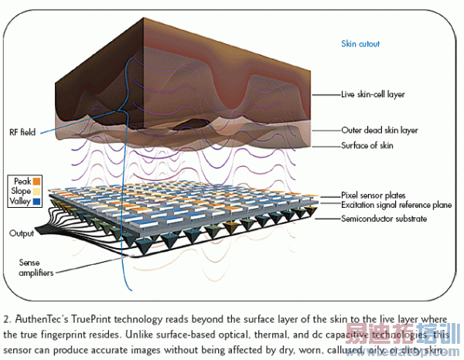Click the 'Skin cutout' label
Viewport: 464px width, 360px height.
(x=360, y=44)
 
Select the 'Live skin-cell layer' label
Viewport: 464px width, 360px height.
(x=373, y=95)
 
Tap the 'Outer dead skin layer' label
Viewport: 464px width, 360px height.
(x=380, y=131)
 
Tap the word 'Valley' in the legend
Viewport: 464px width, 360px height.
(x=19, y=201)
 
